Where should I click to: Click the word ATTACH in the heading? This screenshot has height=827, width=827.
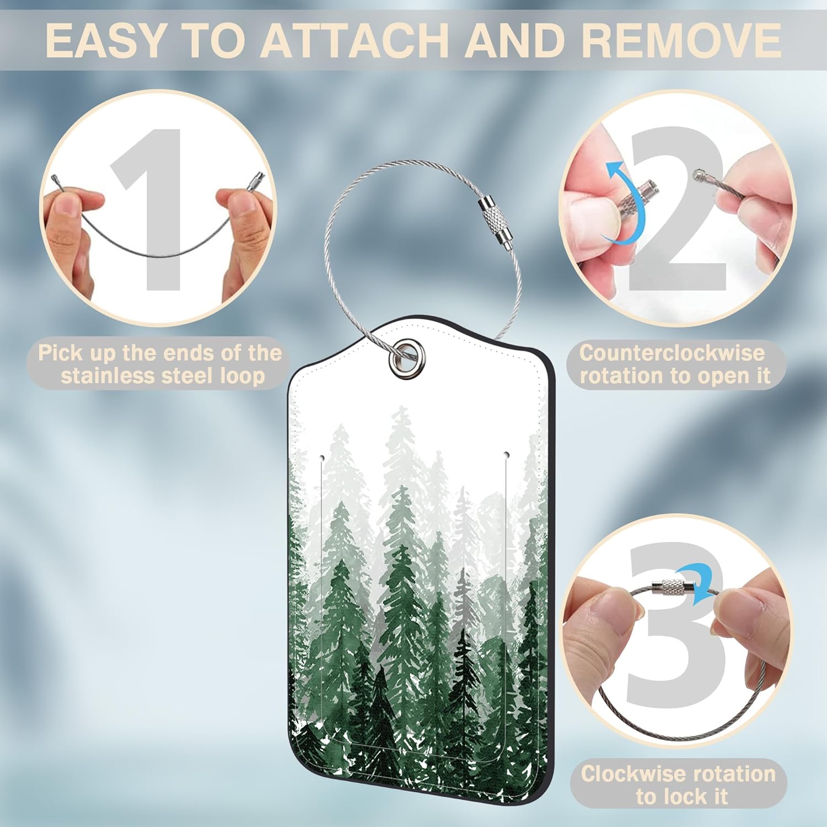359,40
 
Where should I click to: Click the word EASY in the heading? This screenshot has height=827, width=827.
105,40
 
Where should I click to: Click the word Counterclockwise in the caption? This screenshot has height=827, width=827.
672,352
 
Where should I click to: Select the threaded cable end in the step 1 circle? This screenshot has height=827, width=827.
257,179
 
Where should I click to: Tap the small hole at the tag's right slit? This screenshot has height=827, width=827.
507,455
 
